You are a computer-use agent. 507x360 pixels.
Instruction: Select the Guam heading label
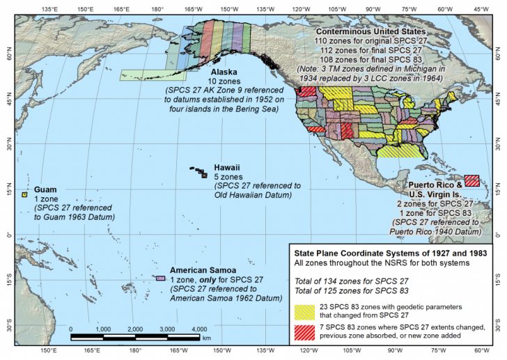point(45,189)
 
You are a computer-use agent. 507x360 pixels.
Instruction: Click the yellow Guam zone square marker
point(24,194)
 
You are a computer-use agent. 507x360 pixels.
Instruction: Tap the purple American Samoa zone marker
point(161,279)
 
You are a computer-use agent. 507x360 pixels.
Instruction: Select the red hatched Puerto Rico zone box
point(471,181)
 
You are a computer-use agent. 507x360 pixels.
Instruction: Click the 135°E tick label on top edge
point(49,10)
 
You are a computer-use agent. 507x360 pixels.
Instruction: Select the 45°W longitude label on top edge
point(481,10)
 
